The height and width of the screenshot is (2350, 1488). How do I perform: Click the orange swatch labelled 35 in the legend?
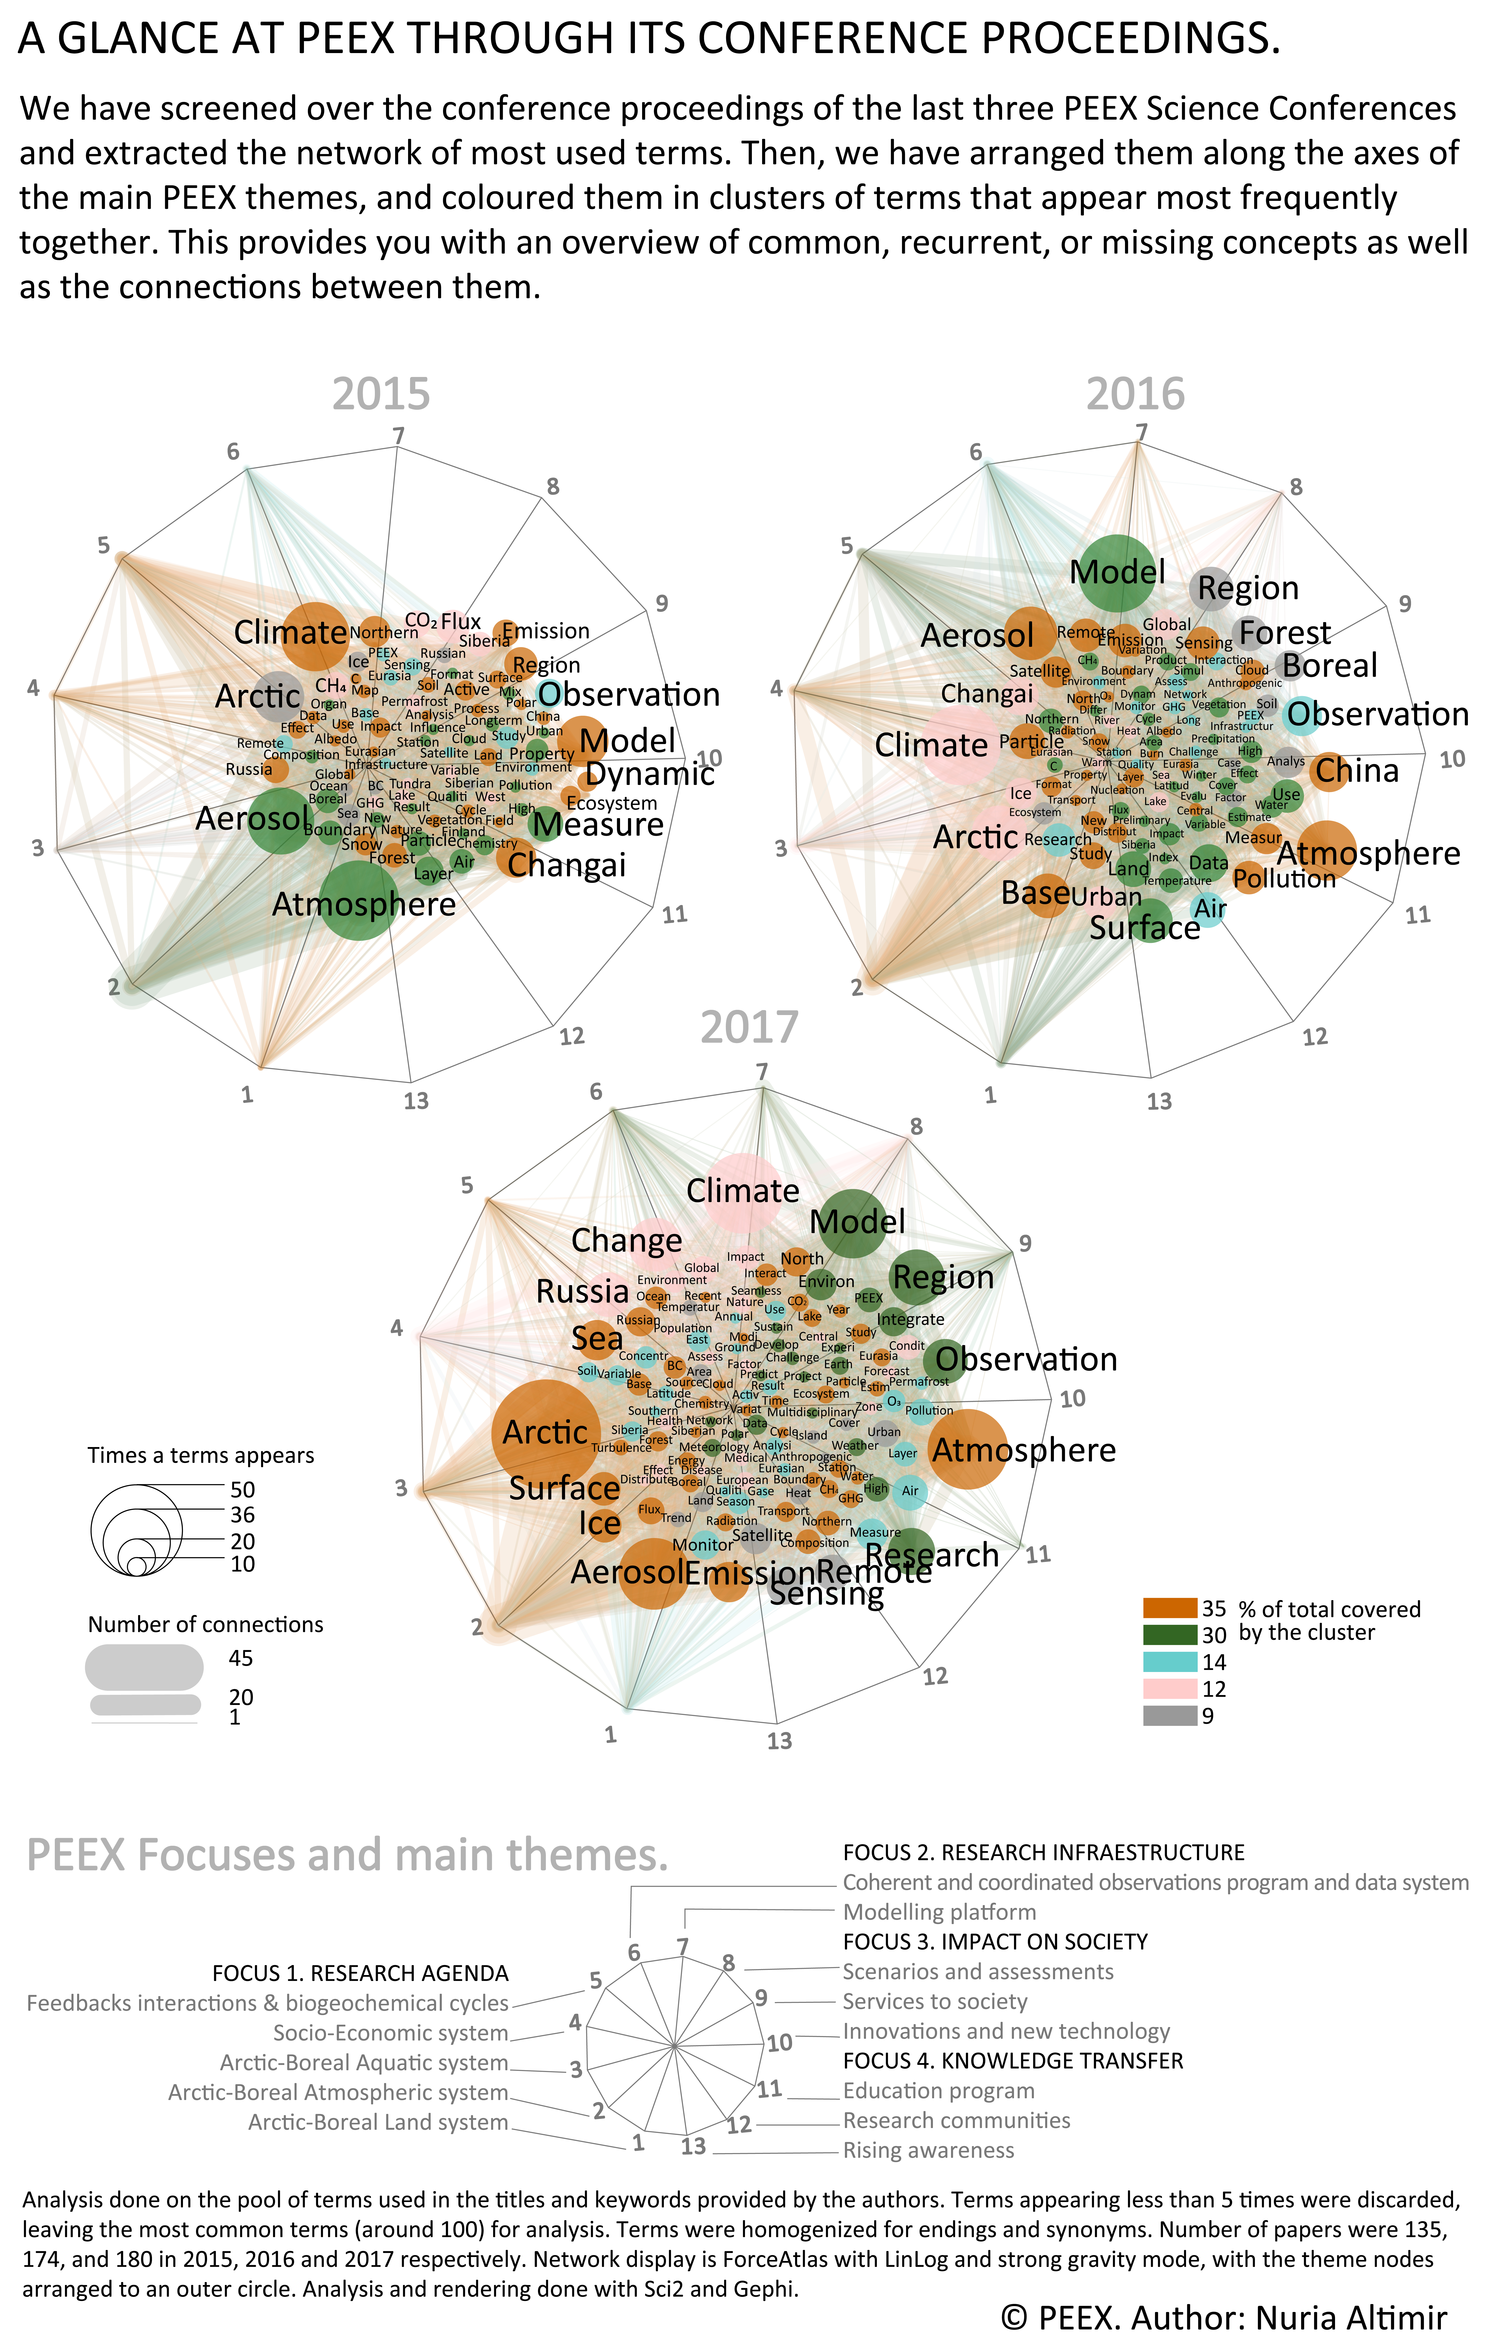(1169, 1608)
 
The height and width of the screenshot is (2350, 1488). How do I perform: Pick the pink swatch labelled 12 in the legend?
(1169, 1689)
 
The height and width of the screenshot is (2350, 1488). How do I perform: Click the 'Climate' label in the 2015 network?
(290, 632)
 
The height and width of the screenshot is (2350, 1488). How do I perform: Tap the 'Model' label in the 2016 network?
(1117, 572)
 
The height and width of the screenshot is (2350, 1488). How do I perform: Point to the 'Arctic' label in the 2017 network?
(544, 1433)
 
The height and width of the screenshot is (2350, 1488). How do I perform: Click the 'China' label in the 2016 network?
(1356, 771)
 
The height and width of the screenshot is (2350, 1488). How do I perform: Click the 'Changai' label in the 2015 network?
(566, 865)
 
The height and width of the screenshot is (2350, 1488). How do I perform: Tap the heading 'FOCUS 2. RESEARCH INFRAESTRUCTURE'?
(1043, 1852)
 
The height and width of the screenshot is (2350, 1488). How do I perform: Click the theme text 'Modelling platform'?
(939, 1912)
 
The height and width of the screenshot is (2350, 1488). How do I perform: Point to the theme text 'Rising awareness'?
(928, 2150)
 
